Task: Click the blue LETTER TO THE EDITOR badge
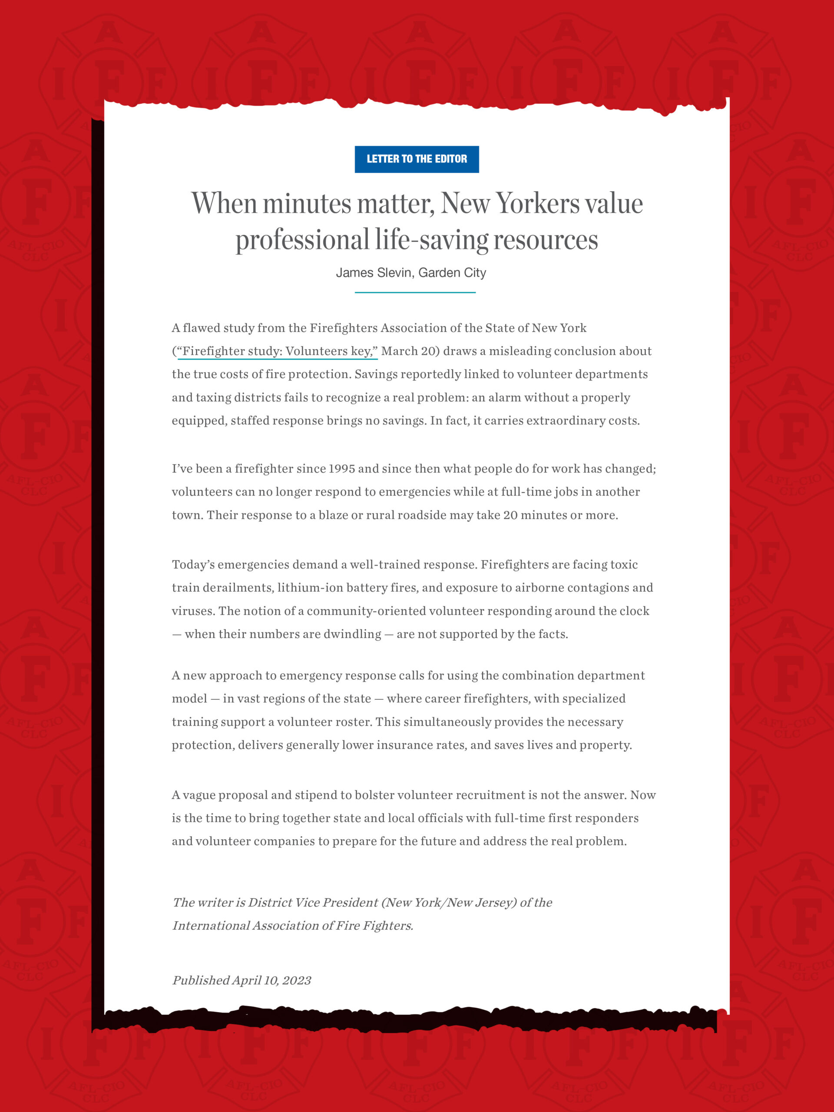[x=417, y=159]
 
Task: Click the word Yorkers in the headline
[x=538, y=204]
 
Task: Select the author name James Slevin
[x=374, y=272]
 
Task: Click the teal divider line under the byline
[x=415, y=292]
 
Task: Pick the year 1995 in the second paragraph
[x=341, y=469]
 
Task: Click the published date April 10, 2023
[x=272, y=980]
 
